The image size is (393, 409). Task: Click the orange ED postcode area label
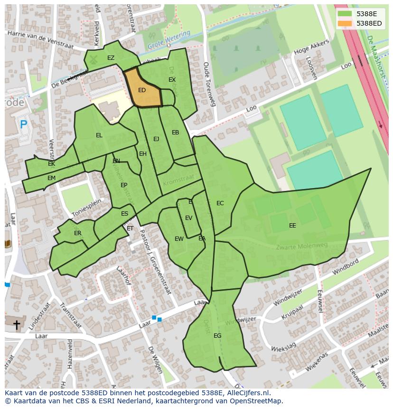coord(142,90)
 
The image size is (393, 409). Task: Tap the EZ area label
coord(111,58)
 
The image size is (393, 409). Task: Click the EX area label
coord(172,80)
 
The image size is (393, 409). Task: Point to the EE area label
coord(292,226)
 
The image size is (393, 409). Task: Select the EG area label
coord(217,336)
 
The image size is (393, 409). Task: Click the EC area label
coord(220,203)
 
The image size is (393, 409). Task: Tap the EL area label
coord(99,135)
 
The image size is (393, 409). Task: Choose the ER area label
coord(77,233)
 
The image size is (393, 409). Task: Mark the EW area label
coord(179,239)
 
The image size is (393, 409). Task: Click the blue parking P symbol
coord(23,125)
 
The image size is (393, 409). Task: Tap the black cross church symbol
coord(17,325)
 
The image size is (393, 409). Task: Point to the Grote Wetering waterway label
coord(168,40)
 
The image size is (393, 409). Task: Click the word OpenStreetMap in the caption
coord(254,401)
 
